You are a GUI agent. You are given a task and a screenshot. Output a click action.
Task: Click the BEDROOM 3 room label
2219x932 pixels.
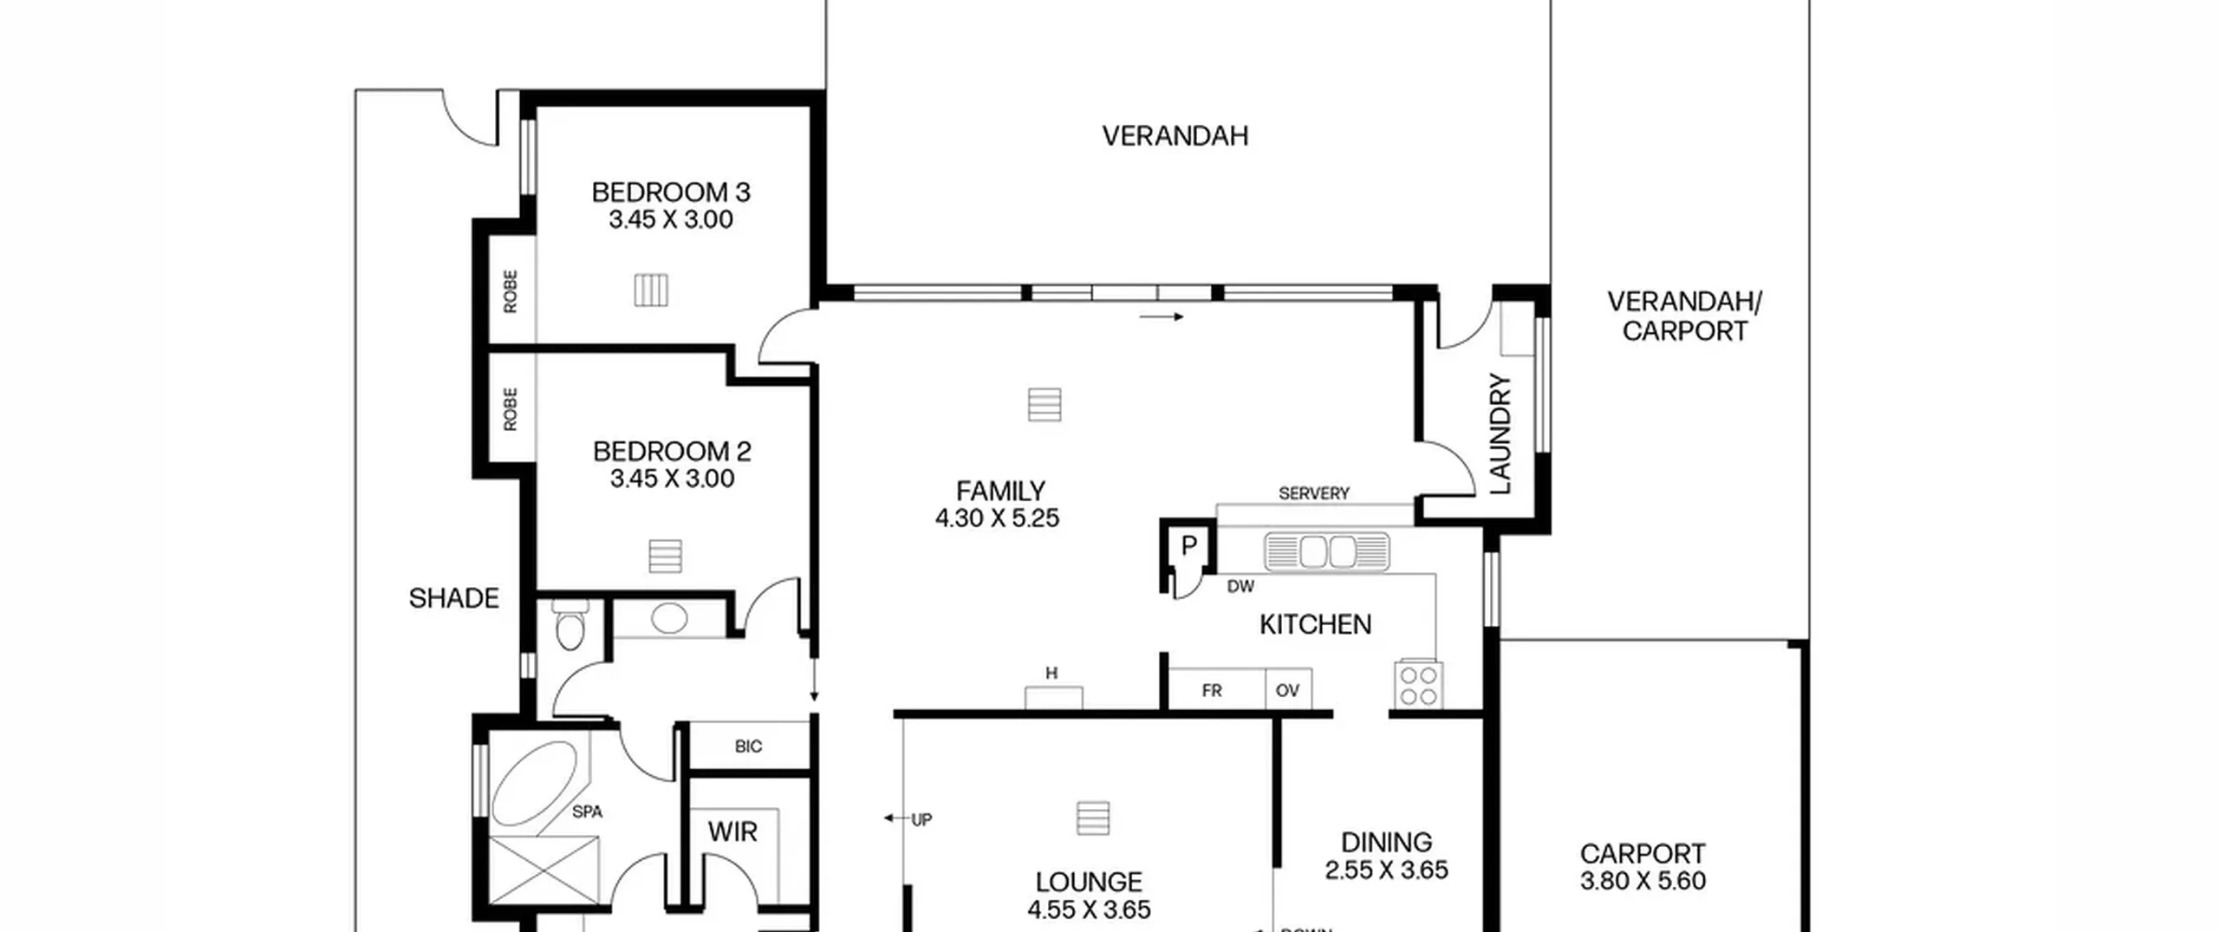671,192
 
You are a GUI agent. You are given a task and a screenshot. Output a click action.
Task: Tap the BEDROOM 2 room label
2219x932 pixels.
672,451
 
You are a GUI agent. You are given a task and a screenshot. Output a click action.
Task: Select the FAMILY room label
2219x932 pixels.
1000,491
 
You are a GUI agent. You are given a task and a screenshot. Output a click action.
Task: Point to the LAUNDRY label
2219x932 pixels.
1500,433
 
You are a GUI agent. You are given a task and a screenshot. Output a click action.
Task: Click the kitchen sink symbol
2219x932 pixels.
1326,551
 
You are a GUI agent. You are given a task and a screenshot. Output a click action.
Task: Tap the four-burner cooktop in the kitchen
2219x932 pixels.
1419,685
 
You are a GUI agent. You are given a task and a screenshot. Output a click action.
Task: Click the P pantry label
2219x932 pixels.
1188,545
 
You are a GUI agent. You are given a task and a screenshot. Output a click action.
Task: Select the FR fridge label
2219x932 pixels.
1212,690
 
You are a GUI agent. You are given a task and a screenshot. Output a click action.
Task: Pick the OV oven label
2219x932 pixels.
1287,690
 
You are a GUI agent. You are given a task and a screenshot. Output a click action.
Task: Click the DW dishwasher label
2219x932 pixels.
1240,586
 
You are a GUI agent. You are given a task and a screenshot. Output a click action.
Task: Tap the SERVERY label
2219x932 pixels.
1314,493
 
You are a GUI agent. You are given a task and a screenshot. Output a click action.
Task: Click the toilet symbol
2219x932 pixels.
569,625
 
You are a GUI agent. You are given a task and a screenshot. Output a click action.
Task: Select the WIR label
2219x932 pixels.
732,831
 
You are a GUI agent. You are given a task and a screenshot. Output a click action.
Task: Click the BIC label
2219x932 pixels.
748,746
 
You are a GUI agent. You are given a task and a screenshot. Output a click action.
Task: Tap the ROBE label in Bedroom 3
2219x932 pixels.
510,291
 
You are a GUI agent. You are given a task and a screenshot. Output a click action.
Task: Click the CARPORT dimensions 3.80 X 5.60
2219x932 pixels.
1643,881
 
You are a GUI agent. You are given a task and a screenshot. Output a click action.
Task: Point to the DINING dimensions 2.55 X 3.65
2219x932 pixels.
1386,870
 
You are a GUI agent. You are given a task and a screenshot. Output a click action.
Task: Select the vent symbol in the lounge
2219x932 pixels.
1093,818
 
